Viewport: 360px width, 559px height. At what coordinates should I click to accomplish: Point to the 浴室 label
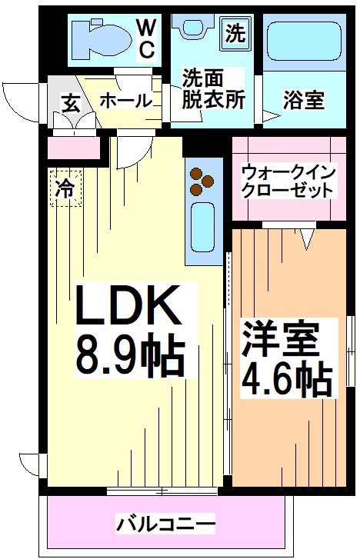point(304,100)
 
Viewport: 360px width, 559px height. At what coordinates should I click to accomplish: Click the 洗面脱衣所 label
point(212,89)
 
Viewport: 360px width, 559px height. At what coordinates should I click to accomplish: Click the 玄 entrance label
point(70,103)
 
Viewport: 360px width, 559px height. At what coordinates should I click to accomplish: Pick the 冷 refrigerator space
point(67,188)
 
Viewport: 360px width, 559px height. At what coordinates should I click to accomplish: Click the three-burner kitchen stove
point(204,180)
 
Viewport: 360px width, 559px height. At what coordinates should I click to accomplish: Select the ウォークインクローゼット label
point(287,180)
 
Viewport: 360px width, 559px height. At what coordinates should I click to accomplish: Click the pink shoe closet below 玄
point(74,146)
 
